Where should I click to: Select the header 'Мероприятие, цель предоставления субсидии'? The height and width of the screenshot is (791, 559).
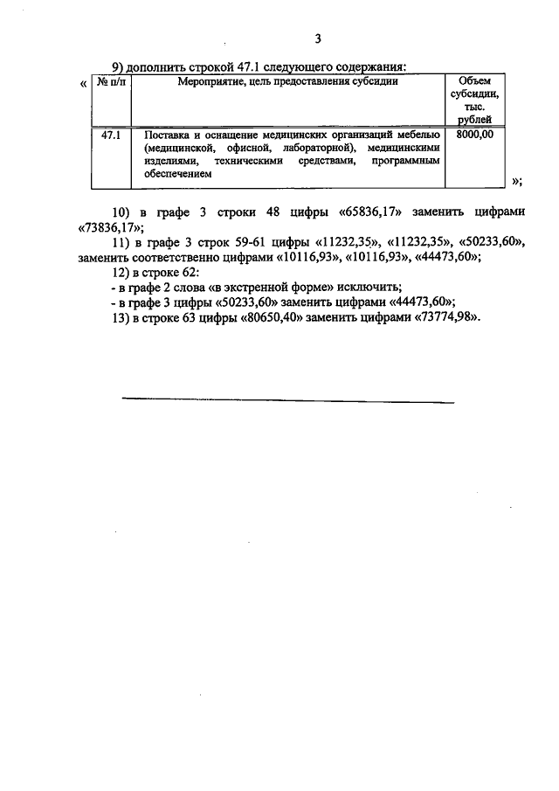click(x=288, y=82)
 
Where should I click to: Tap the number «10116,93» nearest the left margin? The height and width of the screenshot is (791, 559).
click(x=310, y=258)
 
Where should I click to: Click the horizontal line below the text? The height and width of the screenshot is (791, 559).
click(x=288, y=402)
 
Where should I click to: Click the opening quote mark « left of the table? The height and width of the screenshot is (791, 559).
click(x=83, y=83)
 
